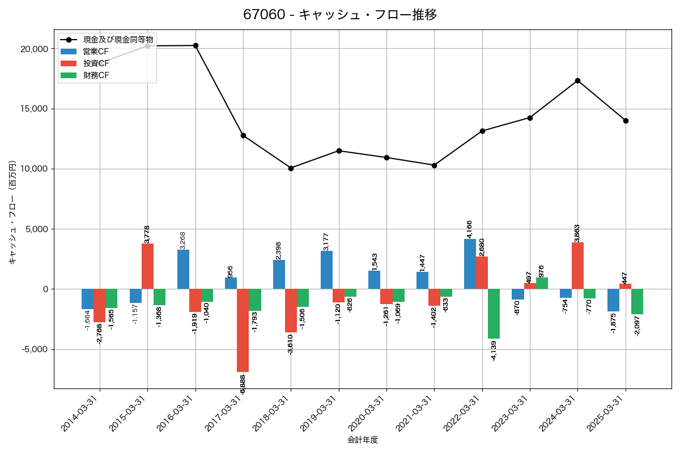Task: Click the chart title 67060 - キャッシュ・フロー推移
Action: click(340, 15)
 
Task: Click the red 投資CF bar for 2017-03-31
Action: click(243, 330)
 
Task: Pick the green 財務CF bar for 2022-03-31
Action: click(494, 314)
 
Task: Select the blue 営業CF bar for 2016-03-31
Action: click(183, 270)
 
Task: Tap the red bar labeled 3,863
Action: click(577, 266)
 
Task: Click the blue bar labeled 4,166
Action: click(470, 264)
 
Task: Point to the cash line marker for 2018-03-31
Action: click(291, 168)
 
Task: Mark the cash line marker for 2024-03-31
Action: click(577, 80)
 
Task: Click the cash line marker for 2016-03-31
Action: click(195, 45)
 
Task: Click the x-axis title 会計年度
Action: click(363, 440)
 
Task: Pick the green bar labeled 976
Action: click(541, 283)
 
